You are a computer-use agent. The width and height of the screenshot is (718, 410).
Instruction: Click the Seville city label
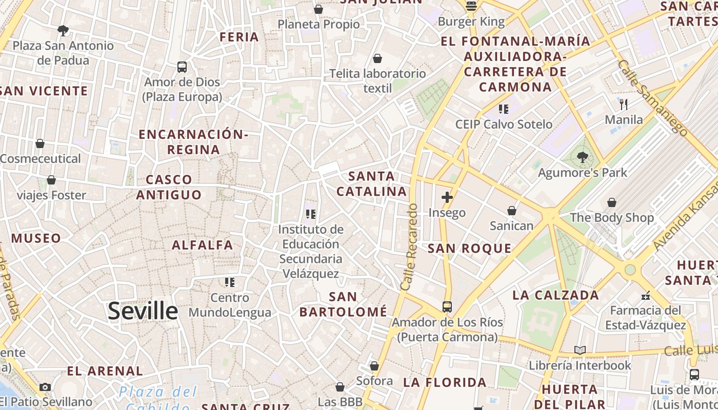(143, 311)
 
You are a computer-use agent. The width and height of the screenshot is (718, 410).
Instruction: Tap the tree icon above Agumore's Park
(582, 157)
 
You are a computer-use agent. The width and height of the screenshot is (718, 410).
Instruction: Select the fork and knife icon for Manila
(624, 105)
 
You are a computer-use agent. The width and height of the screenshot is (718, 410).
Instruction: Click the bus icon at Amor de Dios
(182, 67)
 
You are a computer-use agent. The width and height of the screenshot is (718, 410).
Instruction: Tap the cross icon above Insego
(447, 197)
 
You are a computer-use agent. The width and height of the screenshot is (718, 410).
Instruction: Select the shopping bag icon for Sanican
(511, 211)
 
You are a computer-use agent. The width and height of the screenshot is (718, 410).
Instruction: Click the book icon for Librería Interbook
(580, 351)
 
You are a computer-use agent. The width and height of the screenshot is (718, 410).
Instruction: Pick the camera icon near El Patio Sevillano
(45, 387)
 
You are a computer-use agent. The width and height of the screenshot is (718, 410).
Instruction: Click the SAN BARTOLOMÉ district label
(343, 304)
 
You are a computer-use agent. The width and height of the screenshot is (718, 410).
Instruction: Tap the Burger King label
(471, 22)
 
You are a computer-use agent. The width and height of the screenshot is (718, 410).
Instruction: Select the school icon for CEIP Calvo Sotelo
(504, 109)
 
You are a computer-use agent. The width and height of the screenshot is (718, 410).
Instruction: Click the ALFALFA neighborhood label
(203, 245)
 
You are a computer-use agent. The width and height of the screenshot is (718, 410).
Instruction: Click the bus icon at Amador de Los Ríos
(447, 307)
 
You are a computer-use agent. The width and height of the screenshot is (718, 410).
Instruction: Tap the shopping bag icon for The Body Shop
(611, 202)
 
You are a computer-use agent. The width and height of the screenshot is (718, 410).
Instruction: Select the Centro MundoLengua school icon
(230, 282)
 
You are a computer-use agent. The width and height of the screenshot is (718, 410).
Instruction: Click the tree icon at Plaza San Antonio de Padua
(63, 31)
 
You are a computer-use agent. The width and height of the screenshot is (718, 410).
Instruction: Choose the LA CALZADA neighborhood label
(555, 295)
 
